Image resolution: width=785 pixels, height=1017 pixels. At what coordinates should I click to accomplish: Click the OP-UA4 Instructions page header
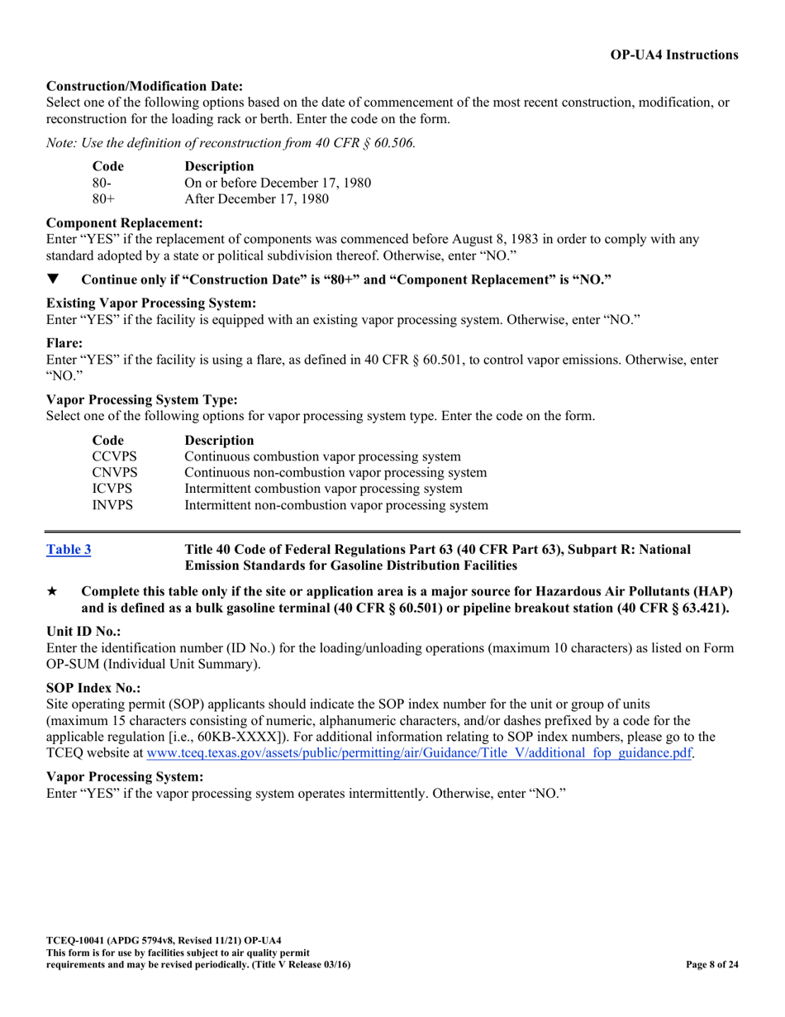(674, 55)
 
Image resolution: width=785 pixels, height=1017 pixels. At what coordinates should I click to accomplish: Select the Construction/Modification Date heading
(145, 86)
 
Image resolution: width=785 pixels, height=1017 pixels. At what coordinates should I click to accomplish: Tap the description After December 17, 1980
(256, 198)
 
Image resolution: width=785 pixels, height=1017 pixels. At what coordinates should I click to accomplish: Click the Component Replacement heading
(125, 223)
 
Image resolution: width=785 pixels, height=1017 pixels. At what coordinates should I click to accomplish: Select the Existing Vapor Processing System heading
(151, 303)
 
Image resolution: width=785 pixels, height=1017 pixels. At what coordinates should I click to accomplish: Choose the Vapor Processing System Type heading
(142, 399)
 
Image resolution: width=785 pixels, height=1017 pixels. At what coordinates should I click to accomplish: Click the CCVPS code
(115, 457)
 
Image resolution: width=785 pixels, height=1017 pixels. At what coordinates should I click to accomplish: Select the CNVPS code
(115, 473)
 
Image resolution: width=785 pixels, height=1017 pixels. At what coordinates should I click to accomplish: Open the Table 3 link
(69, 550)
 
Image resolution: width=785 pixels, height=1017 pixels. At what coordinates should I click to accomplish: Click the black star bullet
(53, 592)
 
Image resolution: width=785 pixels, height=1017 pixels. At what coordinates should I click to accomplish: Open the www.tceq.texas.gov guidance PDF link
(418, 753)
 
